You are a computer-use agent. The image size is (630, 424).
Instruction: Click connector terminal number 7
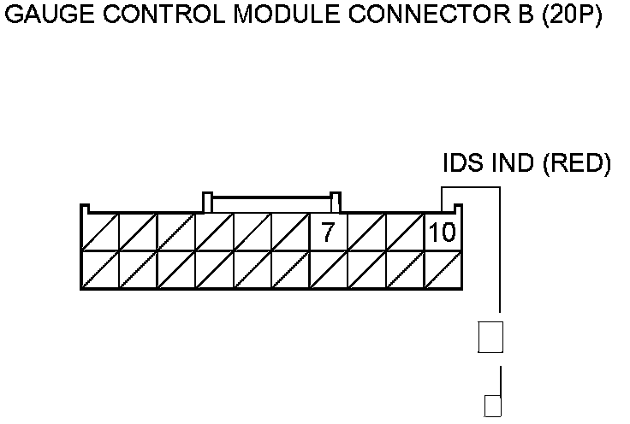click(328, 232)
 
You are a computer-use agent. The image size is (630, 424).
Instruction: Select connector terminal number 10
click(443, 232)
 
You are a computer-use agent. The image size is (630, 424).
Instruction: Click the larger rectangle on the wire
click(490, 336)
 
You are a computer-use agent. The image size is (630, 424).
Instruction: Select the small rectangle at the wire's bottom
click(491, 406)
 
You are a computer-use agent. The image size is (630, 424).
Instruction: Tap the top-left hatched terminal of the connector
click(99, 232)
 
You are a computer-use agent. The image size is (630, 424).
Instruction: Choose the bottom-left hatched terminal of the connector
click(99, 269)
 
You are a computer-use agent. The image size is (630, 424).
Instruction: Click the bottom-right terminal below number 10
click(443, 269)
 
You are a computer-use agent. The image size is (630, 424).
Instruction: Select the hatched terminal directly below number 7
click(328, 269)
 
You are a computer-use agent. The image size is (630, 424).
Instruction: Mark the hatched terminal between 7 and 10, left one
click(366, 232)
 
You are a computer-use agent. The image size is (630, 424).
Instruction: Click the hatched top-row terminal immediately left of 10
click(405, 232)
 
